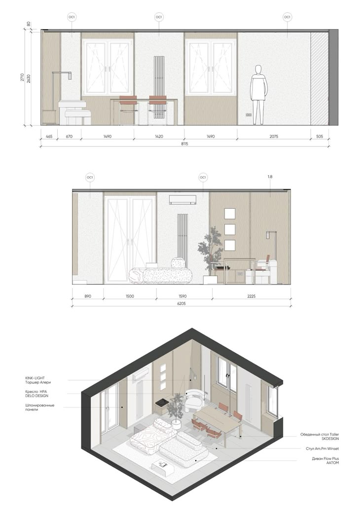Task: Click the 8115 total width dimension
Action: point(185,144)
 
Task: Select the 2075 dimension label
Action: point(274,136)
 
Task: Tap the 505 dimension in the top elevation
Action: point(320,136)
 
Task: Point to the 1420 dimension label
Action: point(159,136)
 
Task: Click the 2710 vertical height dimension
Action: point(22,77)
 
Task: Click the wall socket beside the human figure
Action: point(249,115)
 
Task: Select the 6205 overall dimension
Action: point(181,303)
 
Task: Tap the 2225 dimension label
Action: point(251,296)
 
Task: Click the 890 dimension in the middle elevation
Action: point(87,296)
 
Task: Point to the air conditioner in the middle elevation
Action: point(183,200)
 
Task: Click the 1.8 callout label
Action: point(270,177)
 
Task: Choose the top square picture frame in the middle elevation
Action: point(230,214)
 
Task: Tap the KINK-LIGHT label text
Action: point(35,378)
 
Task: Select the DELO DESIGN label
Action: point(36,396)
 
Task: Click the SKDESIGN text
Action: point(330,439)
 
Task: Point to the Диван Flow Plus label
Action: point(326,459)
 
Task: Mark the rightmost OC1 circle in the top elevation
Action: point(287,17)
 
